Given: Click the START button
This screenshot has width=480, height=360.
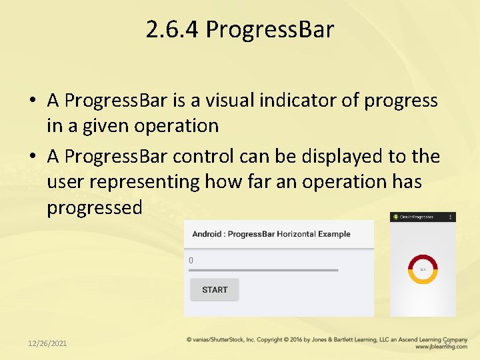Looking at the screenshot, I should (215, 290).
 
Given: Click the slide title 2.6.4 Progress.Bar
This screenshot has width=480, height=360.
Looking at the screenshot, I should (240, 29).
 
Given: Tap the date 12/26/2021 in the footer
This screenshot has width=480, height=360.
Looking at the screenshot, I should (47, 343).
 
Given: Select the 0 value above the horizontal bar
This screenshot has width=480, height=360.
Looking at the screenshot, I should (191, 261).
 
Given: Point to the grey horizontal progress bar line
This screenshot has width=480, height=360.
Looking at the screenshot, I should (263, 270).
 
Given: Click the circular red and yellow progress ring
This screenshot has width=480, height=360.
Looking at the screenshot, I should (423, 269).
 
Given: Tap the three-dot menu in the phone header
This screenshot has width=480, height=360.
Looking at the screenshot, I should (451, 217).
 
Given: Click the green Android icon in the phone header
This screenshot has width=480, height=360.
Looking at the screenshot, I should (395, 217).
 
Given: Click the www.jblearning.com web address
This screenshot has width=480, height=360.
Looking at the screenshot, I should (441, 347).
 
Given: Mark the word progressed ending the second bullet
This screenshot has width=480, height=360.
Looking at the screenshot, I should (95, 208).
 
